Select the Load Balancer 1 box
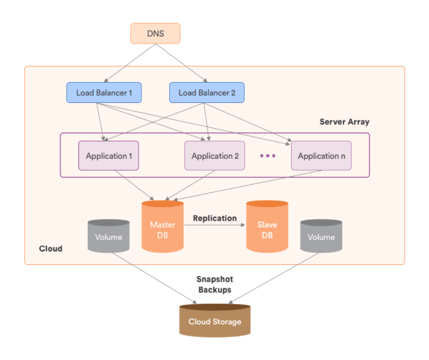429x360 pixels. coord(104,93)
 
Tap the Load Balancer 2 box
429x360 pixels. coord(207,93)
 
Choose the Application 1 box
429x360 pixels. coord(108,156)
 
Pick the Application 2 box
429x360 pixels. coord(214,156)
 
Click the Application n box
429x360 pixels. coord(321,156)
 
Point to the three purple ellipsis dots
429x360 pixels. coord(268,156)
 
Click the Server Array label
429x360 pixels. coord(344,122)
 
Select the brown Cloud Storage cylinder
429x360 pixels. coord(214,320)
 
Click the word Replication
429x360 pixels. coord(214,218)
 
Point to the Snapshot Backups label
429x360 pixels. coord(214,284)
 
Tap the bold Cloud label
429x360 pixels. coord(50,249)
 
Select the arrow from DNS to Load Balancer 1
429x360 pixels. coord(129,63)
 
